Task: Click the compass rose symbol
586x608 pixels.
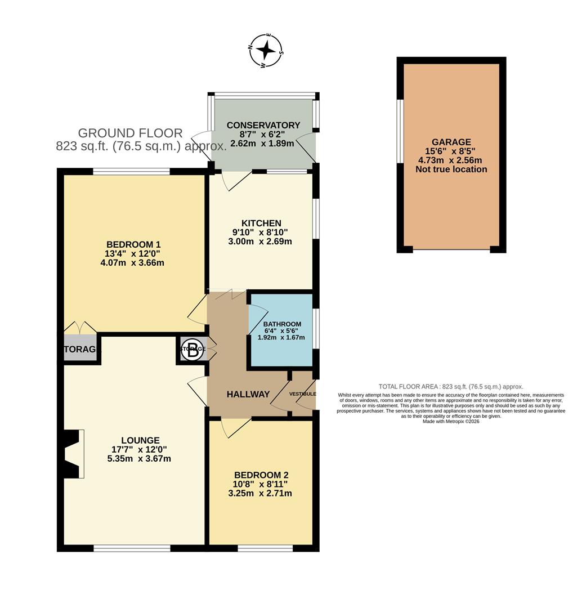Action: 266,51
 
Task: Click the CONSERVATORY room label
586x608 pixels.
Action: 263,125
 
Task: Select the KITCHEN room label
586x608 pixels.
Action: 261,223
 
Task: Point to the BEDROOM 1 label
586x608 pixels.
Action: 133,244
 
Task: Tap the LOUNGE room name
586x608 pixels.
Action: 140,440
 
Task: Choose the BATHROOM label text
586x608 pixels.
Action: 282,324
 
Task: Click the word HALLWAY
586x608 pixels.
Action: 248,394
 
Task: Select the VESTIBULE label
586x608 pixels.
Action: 302,394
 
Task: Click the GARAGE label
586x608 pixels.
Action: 451,142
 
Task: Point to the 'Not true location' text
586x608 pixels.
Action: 451,169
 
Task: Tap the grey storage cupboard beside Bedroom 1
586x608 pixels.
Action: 80,350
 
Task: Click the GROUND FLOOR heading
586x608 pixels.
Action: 130,133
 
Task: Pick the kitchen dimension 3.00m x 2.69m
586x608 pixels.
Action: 261,242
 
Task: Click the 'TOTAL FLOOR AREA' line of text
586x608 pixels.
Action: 450,387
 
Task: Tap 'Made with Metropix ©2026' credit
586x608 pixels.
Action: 450,421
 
